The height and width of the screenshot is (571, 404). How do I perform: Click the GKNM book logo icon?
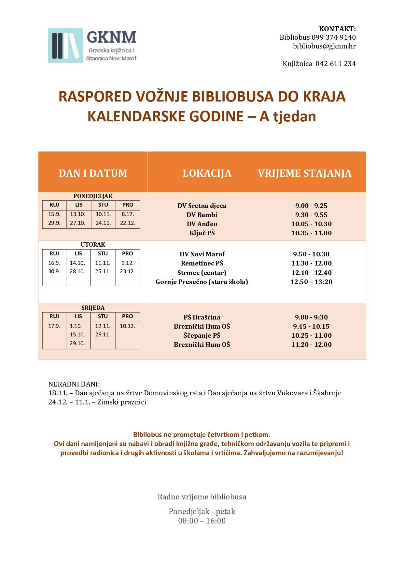point(65,46)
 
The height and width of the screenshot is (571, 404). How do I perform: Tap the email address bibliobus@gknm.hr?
point(324,46)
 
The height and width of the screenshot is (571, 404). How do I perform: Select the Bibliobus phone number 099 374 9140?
point(333,37)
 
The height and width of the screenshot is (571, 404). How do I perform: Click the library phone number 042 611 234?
point(335,64)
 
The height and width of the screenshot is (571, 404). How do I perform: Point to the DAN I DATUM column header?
point(93,173)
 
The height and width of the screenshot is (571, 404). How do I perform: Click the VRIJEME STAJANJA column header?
point(304,173)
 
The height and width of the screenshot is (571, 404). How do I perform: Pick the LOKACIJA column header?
point(207,173)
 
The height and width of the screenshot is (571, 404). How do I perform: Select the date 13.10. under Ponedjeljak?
point(78,214)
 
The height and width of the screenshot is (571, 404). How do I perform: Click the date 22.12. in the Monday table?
point(128,223)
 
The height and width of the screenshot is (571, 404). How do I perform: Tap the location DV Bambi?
point(202,215)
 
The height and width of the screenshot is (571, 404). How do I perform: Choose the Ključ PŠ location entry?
point(202,233)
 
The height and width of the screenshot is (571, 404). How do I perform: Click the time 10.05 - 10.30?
point(311,224)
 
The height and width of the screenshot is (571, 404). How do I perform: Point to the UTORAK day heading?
point(93,244)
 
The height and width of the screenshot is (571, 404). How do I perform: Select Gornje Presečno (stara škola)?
point(202,282)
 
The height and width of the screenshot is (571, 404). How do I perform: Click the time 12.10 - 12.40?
point(311,273)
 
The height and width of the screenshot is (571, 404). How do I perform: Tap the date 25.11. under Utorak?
point(103,271)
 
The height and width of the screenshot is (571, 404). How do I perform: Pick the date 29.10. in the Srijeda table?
point(77,343)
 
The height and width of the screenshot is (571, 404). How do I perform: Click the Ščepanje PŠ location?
point(202,335)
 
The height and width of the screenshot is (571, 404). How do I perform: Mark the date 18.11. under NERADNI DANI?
point(58,393)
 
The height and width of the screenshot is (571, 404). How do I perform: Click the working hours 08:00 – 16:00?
point(202,521)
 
